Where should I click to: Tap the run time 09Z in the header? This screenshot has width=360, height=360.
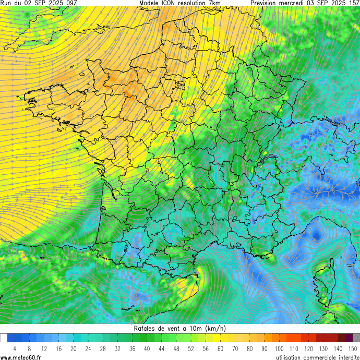[x=70, y=3]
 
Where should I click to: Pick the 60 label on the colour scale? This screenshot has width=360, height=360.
[x=221, y=349]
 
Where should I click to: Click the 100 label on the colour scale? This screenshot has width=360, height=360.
[x=280, y=349]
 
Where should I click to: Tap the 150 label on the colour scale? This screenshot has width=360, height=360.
[x=353, y=349]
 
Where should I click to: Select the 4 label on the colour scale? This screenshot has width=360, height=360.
[x=15, y=349]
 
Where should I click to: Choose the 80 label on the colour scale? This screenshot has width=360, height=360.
[x=250, y=349]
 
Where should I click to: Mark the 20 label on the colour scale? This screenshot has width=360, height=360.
[x=74, y=349]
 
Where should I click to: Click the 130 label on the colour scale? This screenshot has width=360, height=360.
[x=323, y=349]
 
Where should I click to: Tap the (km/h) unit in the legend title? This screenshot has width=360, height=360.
[x=215, y=329]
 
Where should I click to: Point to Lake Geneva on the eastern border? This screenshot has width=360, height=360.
[x=270, y=157]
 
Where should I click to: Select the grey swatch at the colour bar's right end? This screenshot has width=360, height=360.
[x=356, y=338]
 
